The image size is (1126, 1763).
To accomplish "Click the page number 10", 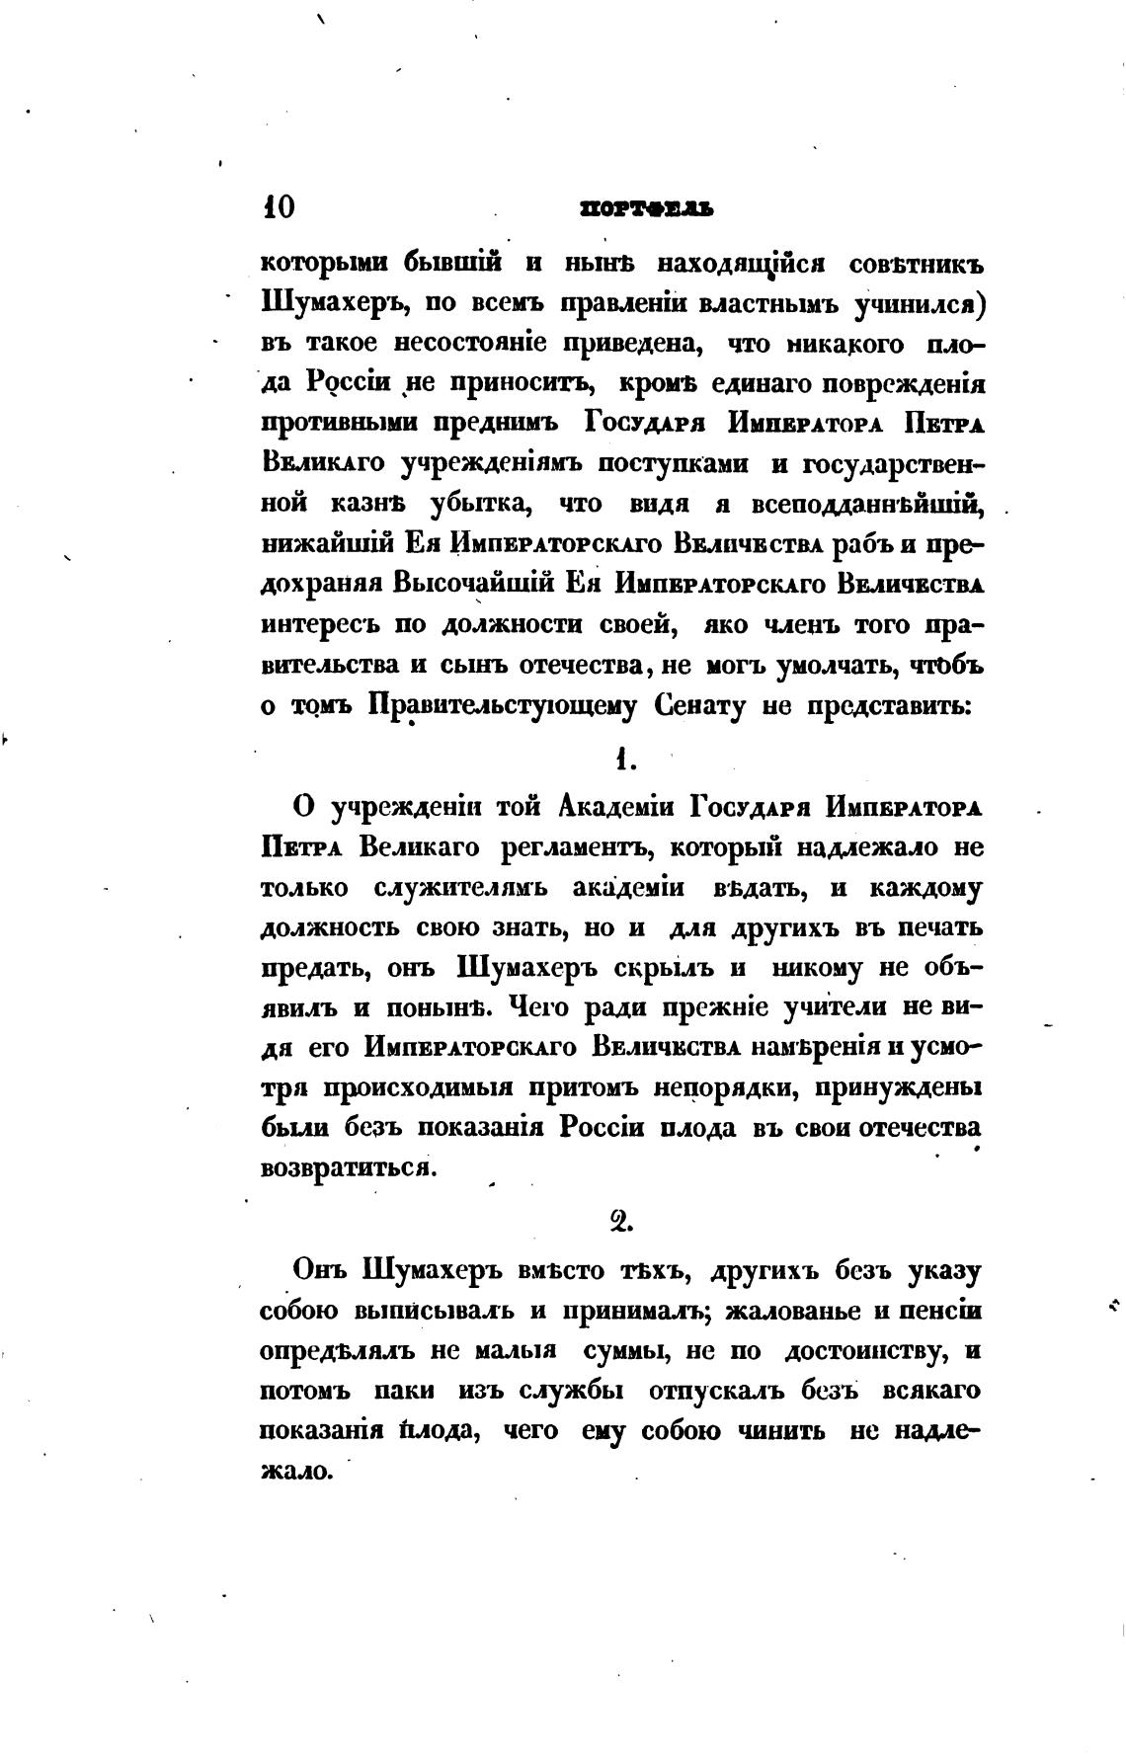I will click(278, 207).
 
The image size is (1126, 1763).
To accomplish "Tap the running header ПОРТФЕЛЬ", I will click(646, 209).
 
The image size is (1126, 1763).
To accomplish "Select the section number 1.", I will click(622, 759).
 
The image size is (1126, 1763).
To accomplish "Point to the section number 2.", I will click(621, 1223).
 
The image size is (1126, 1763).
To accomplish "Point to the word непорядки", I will click(721, 1087).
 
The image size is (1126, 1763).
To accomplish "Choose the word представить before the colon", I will click(888, 706).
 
